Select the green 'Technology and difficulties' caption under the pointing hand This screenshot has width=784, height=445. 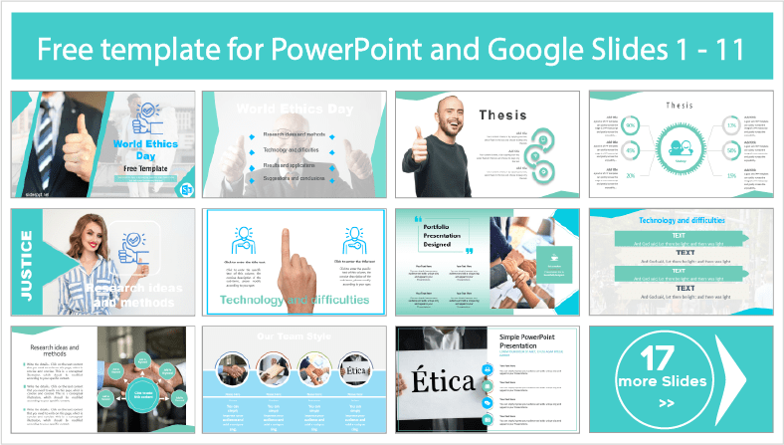294,299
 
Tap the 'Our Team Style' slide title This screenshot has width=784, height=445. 294,335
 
